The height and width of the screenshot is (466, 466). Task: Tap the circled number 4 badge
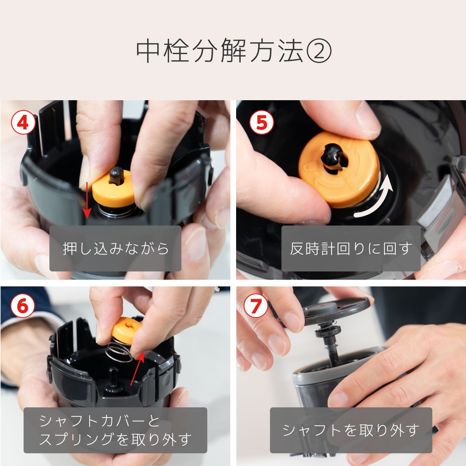coord(23,123)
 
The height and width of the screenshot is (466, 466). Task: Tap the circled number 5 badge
coord(261,123)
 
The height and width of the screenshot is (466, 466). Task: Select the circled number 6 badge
coord(23,306)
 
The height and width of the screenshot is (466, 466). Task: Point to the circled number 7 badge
coord(256,306)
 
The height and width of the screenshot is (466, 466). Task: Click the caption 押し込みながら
coord(116,249)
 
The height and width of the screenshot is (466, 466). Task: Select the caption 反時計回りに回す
coord(351,249)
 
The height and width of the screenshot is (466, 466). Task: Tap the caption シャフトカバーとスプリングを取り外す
coord(115,430)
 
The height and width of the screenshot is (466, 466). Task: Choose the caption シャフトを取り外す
coord(351,430)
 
